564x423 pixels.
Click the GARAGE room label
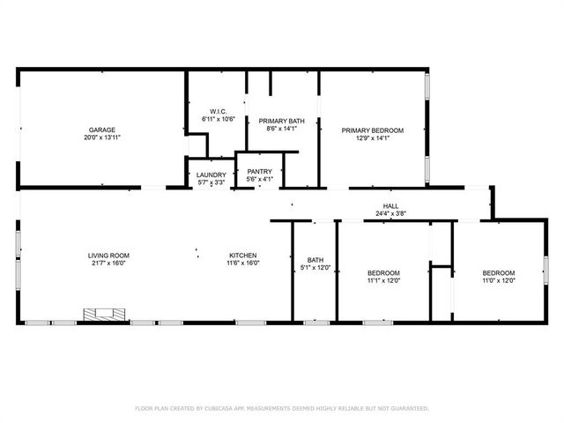pyautogui.click(x=102, y=130)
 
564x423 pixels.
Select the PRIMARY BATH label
pyautogui.click(x=282, y=121)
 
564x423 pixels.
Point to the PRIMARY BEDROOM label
pyautogui.click(x=373, y=130)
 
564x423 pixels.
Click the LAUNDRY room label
pyautogui.click(x=211, y=175)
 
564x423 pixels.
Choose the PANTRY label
pyautogui.click(x=259, y=172)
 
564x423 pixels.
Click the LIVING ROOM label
pyautogui.click(x=108, y=256)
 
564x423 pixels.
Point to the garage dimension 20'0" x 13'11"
pyautogui.click(x=102, y=137)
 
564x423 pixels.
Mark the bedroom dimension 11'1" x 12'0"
pyautogui.click(x=383, y=280)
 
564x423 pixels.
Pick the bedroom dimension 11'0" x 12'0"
pyautogui.click(x=499, y=280)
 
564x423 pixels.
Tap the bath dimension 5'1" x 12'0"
pyautogui.click(x=315, y=267)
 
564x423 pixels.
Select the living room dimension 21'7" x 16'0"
pyautogui.click(x=108, y=263)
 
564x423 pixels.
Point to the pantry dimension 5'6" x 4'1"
pyautogui.click(x=259, y=180)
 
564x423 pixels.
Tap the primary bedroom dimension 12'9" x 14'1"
pyautogui.click(x=373, y=138)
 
